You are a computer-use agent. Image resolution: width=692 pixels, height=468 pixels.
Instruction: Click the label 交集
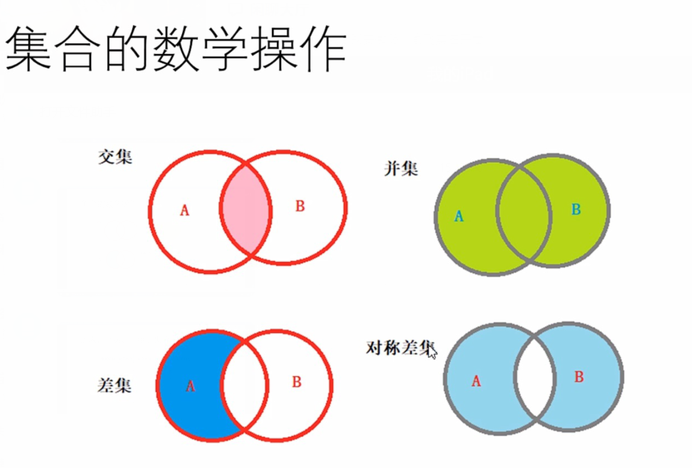tap(115, 157)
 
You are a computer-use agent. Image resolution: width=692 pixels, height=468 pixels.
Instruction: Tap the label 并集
tap(401, 169)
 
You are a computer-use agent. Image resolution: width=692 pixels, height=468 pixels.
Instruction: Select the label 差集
tap(114, 385)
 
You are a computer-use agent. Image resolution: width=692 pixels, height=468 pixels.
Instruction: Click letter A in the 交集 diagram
tap(184, 210)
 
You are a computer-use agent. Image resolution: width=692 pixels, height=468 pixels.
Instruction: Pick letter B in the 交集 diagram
tap(300, 207)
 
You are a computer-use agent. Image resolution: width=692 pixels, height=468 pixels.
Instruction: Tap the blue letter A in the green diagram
tap(459, 216)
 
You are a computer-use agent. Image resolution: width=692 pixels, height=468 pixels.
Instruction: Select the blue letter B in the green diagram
tap(576, 210)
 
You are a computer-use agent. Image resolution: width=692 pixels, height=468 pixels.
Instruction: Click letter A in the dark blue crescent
tap(190, 386)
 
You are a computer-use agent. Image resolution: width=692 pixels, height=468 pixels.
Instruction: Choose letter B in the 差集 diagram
tap(296, 382)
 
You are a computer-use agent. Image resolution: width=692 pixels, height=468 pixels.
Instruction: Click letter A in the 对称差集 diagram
tap(476, 381)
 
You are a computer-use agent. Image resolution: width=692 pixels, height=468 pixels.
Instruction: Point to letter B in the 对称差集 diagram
tap(579, 377)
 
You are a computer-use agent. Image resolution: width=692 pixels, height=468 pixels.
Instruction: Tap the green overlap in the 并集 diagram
tap(523, 215)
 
